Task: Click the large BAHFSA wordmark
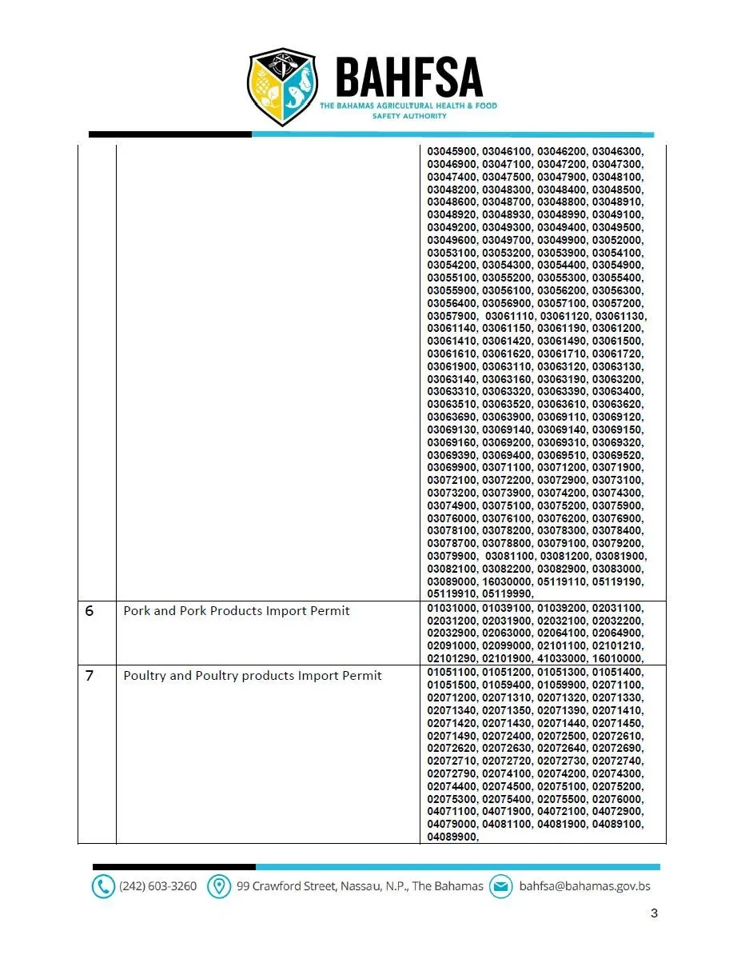coord(408,78)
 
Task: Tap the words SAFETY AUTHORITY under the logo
coord(408,116)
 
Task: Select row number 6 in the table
coord(90,611)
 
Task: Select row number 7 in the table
coord(90,676)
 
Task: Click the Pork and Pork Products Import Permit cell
coord(237,611)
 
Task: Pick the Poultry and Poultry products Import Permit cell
coord(253,676)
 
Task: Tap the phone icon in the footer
coord(103,886)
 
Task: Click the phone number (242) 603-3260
coord(157,886)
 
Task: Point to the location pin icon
coord(217,886)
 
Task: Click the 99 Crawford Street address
coord(360,886)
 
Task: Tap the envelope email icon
coord(500,886)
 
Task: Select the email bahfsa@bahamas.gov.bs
coord(584,886)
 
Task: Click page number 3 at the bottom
coord(654,913)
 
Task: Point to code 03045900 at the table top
coord(452,151)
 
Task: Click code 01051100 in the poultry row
coord(452,672)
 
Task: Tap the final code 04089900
coord(452,837)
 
